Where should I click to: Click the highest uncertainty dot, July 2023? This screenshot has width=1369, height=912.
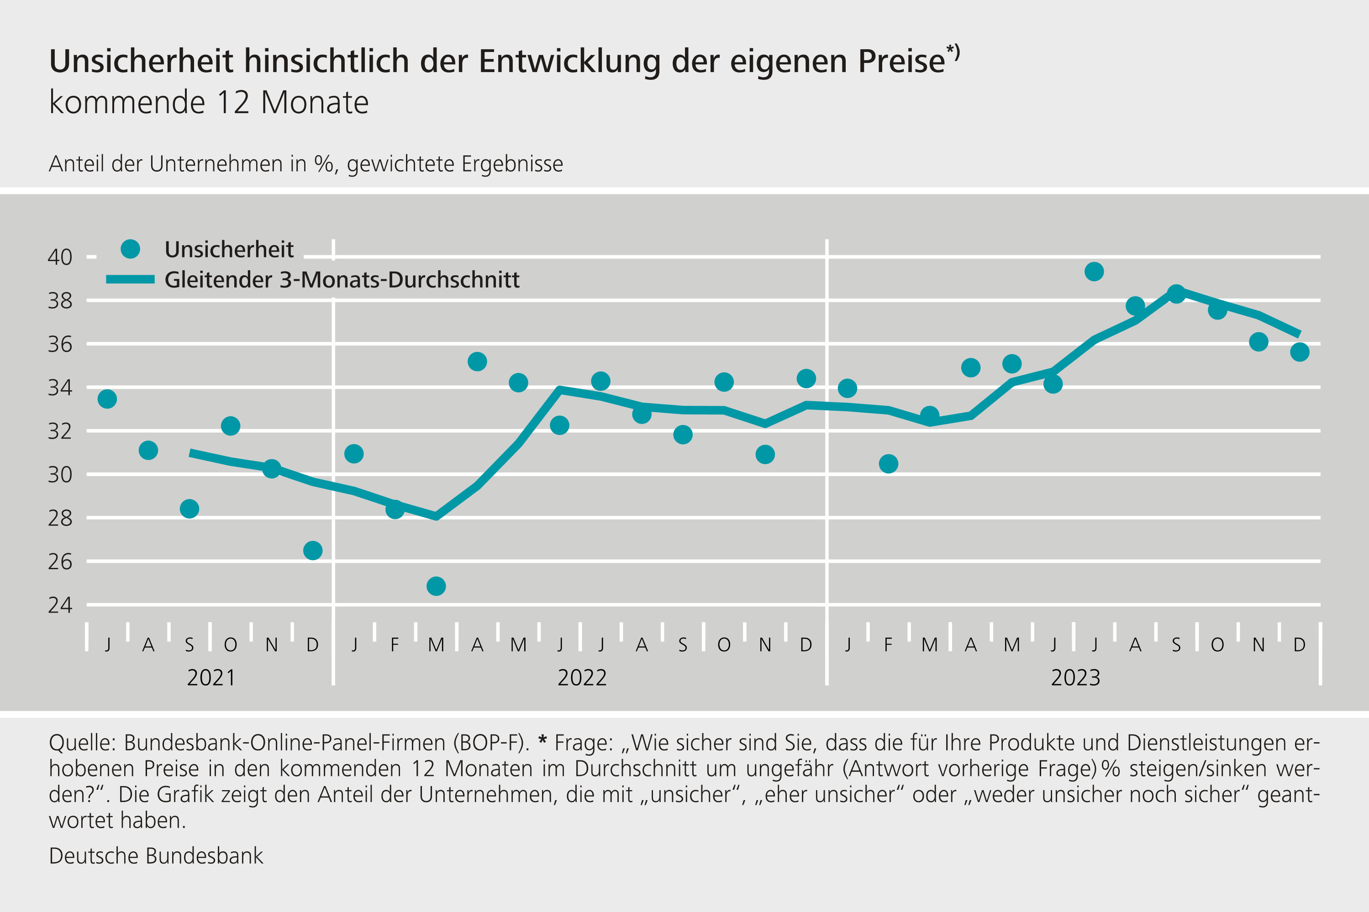pos(1094,272)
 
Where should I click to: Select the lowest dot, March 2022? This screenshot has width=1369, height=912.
pos(436,586)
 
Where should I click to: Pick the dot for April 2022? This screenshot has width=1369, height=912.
pos(477,362)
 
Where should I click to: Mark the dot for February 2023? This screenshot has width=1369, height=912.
pos(888,464)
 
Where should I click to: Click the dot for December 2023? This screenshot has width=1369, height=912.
pos(1299,352)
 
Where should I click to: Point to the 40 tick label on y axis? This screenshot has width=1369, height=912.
pos(60,257)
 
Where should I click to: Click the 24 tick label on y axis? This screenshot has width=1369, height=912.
pos(60,605)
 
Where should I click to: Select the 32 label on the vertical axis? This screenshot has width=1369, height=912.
pos(60,431)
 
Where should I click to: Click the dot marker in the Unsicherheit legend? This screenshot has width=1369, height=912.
pos(130,249)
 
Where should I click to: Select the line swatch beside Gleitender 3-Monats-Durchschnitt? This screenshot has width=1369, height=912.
pos(130,280)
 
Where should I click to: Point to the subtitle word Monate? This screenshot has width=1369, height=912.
pos(315,103)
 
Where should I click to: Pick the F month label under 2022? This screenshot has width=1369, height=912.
pos(395,645)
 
